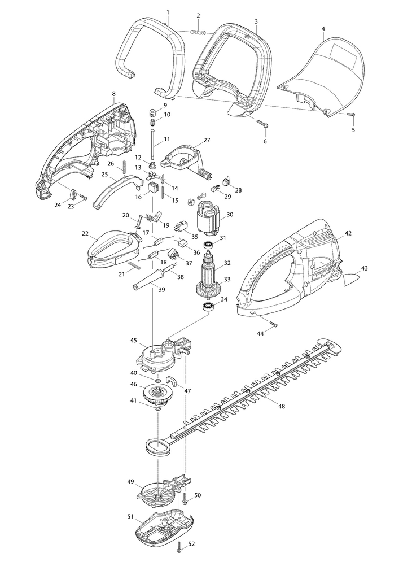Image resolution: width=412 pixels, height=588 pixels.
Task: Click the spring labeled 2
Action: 198,33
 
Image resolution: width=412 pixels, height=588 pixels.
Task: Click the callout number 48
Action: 282,406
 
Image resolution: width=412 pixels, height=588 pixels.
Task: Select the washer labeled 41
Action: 158,408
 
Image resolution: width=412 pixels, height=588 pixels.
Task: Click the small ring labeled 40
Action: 158,381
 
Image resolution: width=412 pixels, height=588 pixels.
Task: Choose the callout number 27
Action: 207,140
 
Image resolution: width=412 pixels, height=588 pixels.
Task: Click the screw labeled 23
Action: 83,197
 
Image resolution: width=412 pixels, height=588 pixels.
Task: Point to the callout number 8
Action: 114,94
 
